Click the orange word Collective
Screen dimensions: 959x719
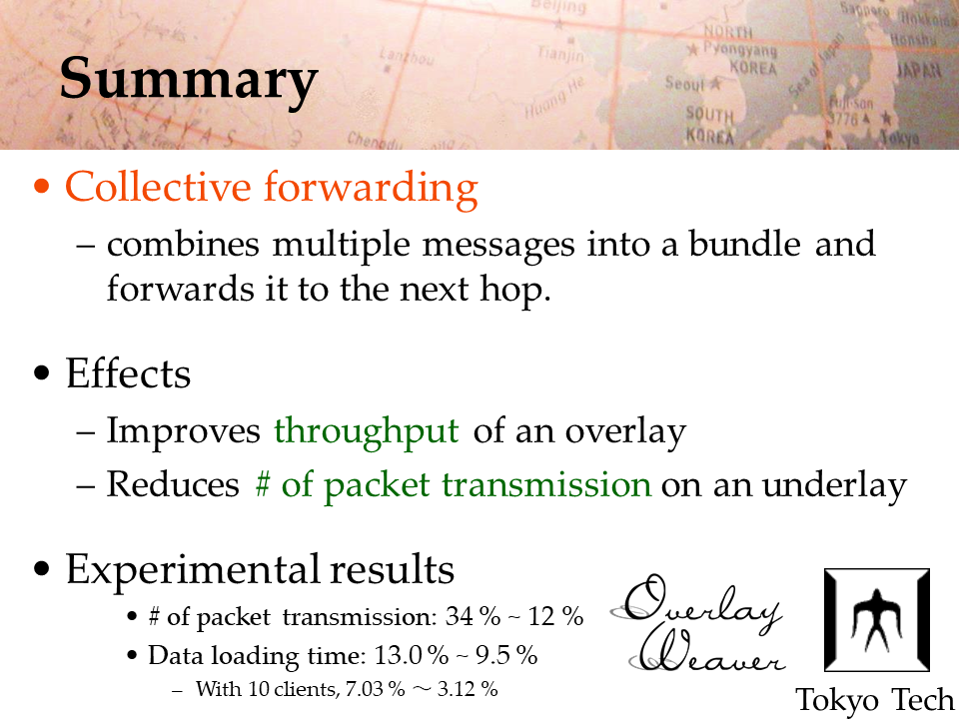pos(158,187)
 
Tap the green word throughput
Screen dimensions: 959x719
pos(366,432)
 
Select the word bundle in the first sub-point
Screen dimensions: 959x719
pos(744,244)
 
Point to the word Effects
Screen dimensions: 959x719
pos(128,373)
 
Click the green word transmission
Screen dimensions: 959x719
pos(546,485)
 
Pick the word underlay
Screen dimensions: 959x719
pos(834,486)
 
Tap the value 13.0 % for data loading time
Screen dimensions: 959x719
pos(411,655)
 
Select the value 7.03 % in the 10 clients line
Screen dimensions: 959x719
pos(375,689)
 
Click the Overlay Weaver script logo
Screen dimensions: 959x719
pos(697,623)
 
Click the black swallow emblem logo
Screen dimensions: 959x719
pos(876,620)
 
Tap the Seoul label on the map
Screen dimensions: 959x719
pos(685,83)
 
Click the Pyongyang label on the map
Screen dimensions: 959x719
pos(739,49)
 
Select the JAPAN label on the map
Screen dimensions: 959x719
pos(918,70)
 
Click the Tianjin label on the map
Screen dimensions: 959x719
pos(560,54)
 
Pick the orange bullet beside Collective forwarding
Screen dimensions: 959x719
pos(42,186)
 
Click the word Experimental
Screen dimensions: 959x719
pos(194,570)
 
